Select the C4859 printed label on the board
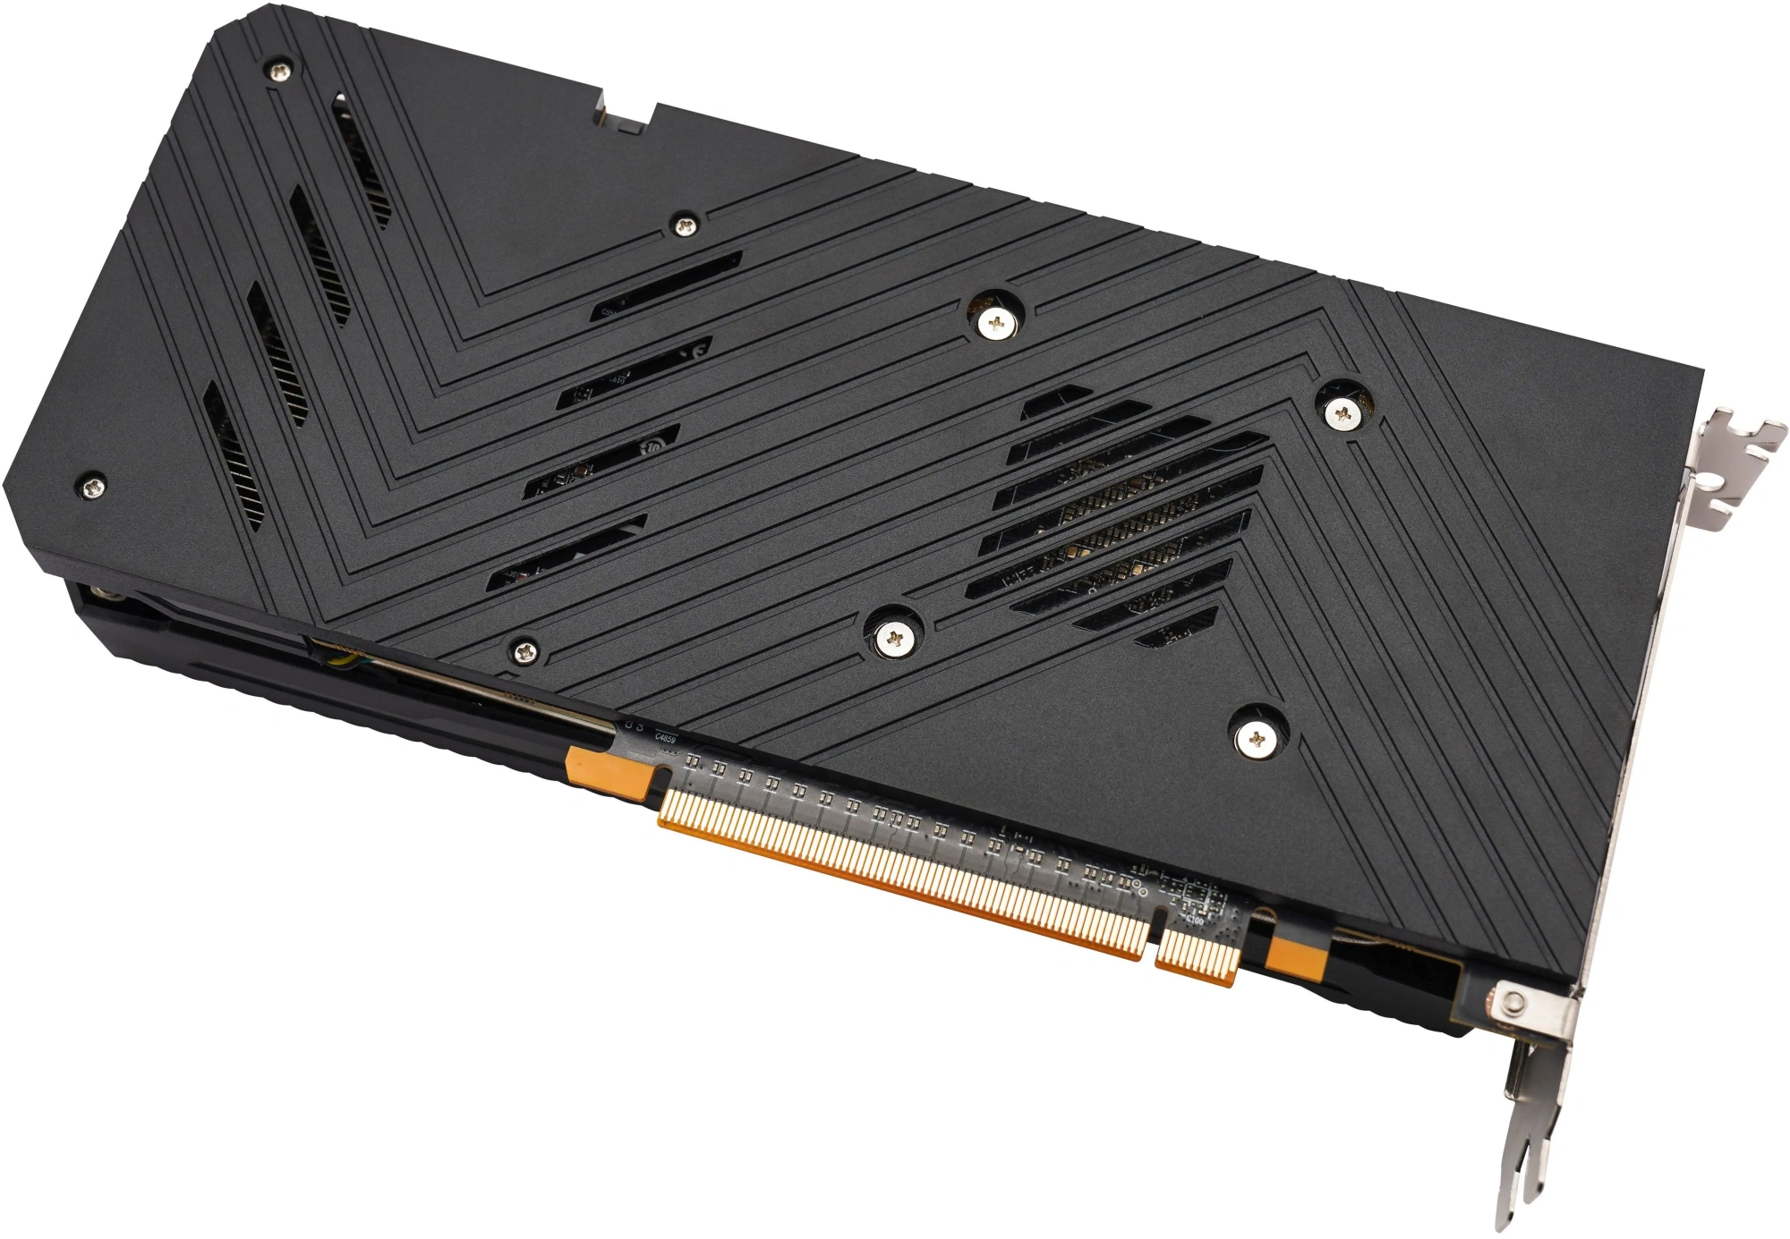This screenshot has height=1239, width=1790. (666, 738)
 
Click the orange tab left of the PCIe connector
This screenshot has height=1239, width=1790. (609, 772)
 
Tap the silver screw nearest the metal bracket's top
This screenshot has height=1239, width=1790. (1342, 412)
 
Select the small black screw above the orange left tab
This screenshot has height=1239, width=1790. (524, 650)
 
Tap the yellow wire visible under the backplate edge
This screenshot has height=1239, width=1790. (340, 659)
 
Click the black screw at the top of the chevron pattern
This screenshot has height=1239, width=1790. (685, 225)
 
